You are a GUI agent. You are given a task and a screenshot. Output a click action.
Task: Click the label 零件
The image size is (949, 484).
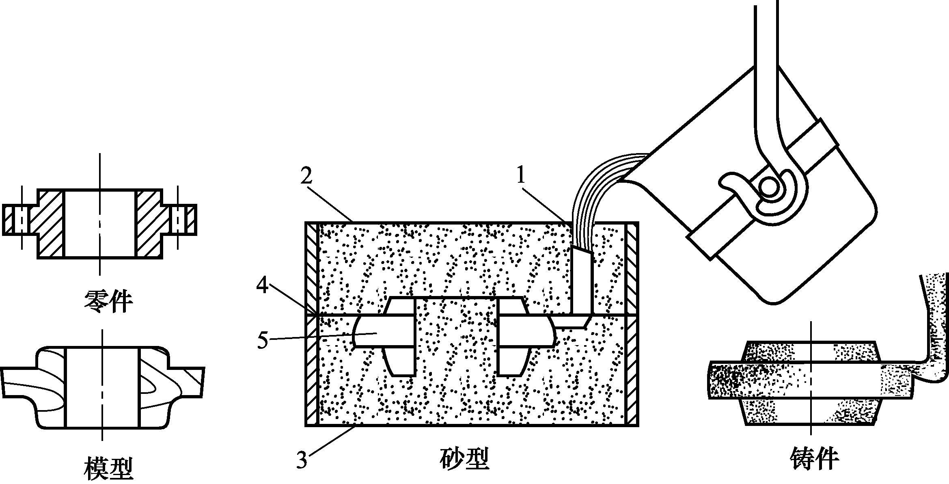tap(108, 301)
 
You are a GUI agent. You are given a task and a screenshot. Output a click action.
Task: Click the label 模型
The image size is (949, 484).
tap(108, 468)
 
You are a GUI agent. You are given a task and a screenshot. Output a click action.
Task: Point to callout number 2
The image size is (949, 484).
tap(307, 176)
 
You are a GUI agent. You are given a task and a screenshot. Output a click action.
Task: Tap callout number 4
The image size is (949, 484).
tap(263, 285)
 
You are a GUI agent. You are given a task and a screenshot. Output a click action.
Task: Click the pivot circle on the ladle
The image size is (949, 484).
tap(769, 188)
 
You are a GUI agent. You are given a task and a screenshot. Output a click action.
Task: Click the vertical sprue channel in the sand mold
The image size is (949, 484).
tap(582, 282)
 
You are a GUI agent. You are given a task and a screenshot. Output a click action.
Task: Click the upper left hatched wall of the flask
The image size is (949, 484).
tap(312, 268)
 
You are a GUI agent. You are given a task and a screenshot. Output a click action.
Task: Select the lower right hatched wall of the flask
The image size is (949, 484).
tap(632, 369)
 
